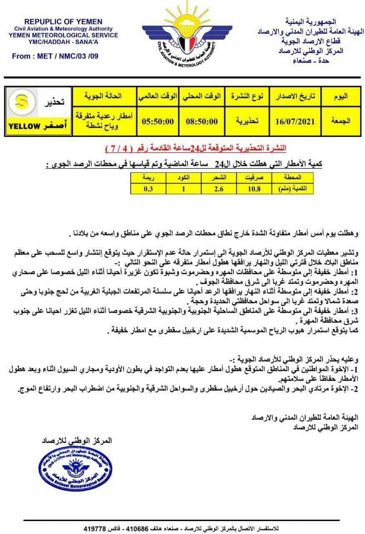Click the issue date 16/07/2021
pyautogui.click(x=295, y=121)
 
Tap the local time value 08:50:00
pyautogui.click(x=202, y=121)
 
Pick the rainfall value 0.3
pyautogui.click(x=148, y=189)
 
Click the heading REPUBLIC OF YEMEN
pyautogui.click(x=63, y=22)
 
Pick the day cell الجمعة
pyautogui.click(x=341, y=121)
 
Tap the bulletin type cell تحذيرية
pyautogui.click(x=247, y=121)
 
